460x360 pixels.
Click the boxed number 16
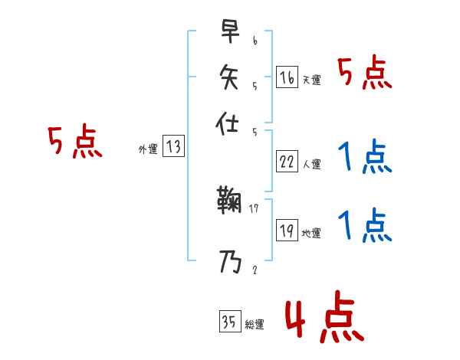click(x=287, y=77)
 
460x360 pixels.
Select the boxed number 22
click(x=287, y=162)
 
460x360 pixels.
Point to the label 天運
click(x=311, y=80)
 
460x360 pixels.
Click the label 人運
click(x=311, y=164)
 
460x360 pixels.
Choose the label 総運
click(x=255, y=324)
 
